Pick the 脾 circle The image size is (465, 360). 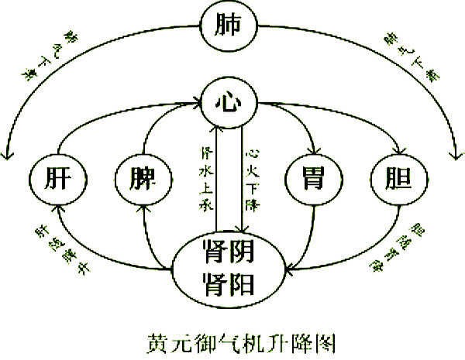(143, 179)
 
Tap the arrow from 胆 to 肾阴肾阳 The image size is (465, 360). (364, 252)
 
